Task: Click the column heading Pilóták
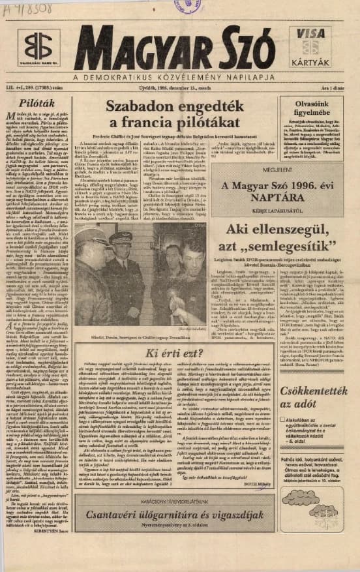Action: tap(37, 102)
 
